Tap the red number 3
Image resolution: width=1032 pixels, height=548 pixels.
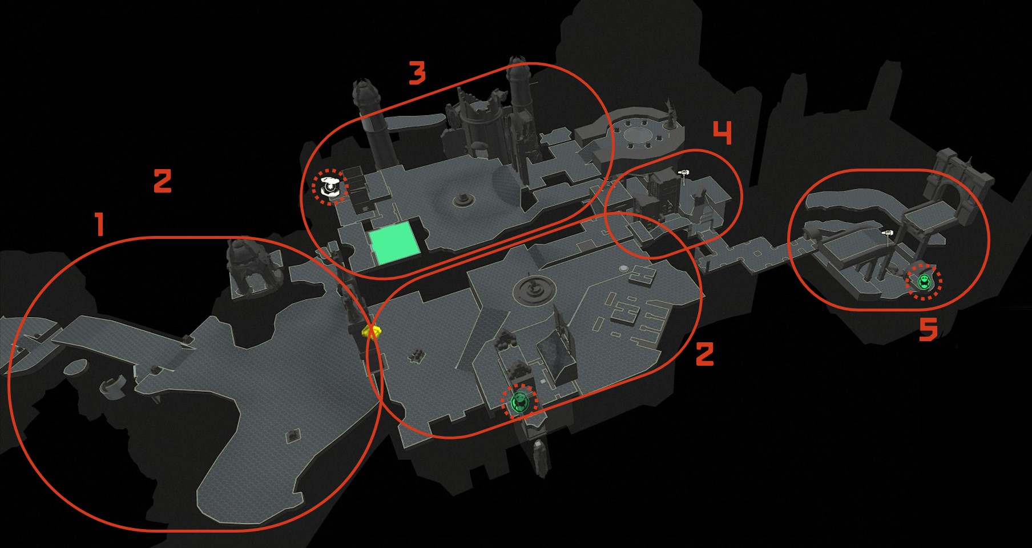(417, 73)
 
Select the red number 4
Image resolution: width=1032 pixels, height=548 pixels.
(723, 133)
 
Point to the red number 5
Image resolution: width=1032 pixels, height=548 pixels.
(928, 330)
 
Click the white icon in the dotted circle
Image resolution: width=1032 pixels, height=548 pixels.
(330, 186)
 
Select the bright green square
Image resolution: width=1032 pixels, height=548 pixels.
(394, 243)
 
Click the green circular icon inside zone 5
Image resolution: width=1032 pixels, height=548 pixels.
(924, 281)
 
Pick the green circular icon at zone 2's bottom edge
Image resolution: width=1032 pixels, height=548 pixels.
(519, 402)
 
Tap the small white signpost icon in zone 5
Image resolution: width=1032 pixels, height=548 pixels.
(887, 233)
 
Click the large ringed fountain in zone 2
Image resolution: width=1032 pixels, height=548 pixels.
(534, 290)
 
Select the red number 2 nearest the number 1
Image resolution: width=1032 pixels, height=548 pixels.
(163, 181)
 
